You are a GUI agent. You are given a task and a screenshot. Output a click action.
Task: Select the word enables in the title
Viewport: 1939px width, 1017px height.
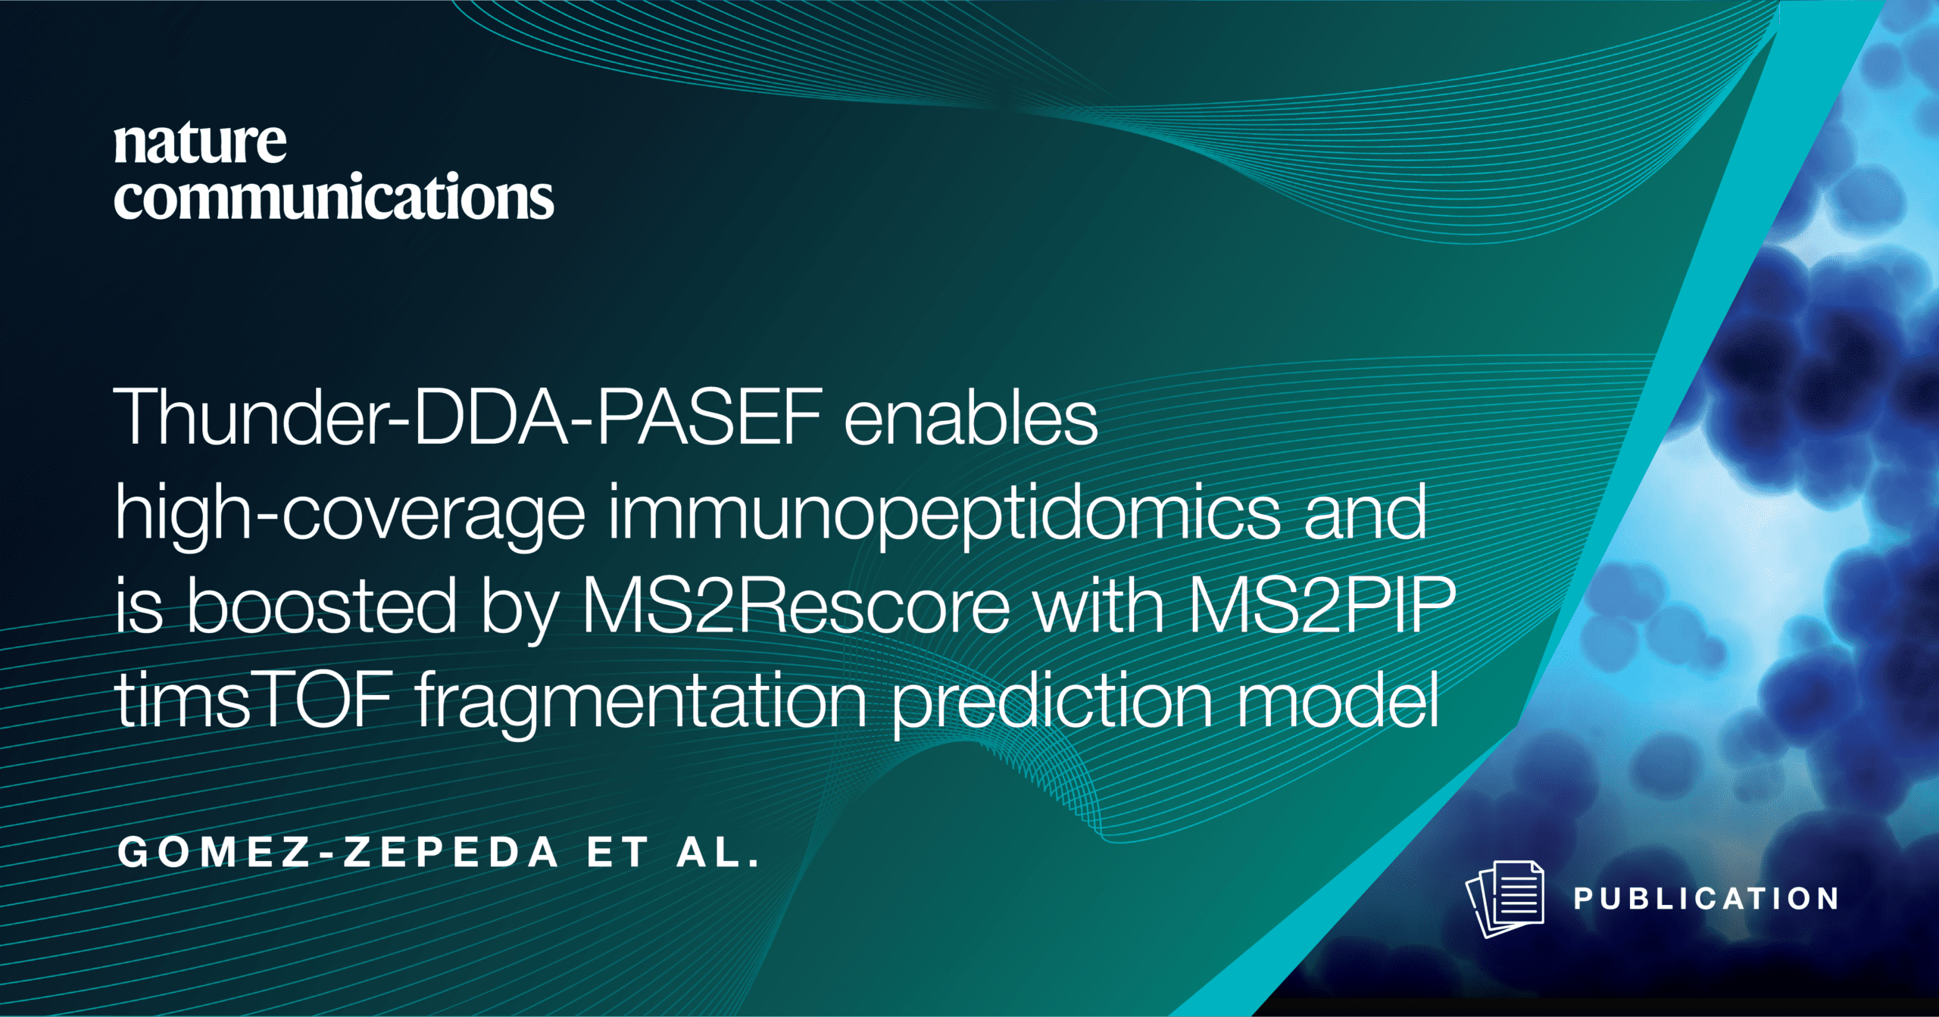point(970,416)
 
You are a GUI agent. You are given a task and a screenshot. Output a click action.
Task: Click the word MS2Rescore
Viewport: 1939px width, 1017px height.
point(796,604)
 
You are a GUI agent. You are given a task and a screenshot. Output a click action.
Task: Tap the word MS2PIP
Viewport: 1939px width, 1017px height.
point(1322,604)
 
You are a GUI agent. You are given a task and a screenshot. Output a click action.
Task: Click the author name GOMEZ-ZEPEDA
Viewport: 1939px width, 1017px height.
point(339,853)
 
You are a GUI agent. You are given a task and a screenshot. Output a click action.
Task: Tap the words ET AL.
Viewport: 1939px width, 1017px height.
point(673,853)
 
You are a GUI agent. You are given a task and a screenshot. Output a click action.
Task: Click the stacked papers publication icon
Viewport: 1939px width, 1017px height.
point(1505,899)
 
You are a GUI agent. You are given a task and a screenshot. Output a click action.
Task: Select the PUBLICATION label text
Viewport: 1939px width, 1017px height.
point(1706,899)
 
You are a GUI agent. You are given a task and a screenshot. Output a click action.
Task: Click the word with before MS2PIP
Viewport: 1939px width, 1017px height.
point(1100,604)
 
